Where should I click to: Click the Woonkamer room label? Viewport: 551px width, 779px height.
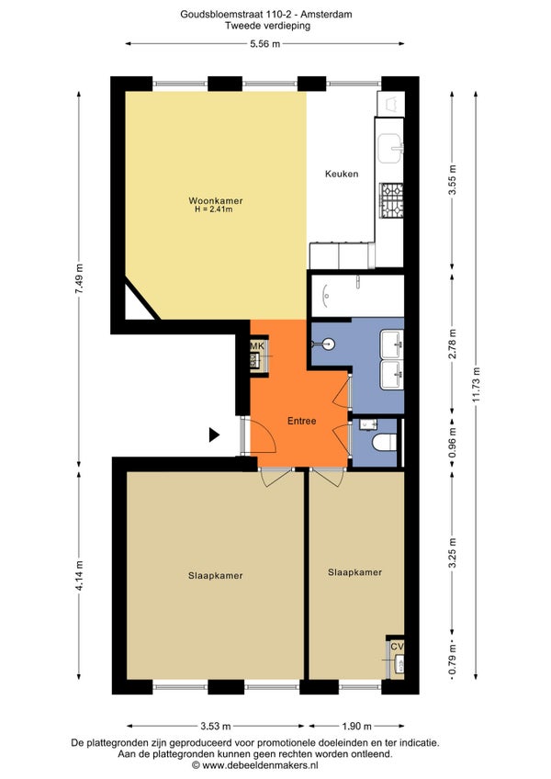point(216,200)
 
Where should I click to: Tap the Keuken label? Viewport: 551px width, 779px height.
point(342,174)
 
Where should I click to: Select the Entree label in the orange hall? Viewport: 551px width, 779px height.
point(301,421)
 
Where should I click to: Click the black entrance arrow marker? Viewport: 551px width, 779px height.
point(214,435)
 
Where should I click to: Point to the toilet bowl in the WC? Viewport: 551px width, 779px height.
point(385,442)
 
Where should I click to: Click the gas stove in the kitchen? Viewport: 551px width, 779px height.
point(391,200)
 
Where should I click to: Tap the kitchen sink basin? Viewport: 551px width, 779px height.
point(390,148)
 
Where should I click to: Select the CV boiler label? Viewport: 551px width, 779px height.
point(397,647)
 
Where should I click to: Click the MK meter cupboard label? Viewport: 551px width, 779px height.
point(257,345)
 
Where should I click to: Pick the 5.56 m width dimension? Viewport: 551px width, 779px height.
point(264,44)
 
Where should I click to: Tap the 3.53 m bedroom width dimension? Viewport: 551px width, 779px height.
point(216,727)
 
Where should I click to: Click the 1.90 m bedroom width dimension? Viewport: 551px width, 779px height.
point(356,727)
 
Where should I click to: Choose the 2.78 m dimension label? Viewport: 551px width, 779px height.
point(452,344)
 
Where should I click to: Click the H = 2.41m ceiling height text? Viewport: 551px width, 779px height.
point(214,209)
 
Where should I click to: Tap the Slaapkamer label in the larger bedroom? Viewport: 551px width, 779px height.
point(216,576)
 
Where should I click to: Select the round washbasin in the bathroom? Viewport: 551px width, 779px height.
point(329,344)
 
